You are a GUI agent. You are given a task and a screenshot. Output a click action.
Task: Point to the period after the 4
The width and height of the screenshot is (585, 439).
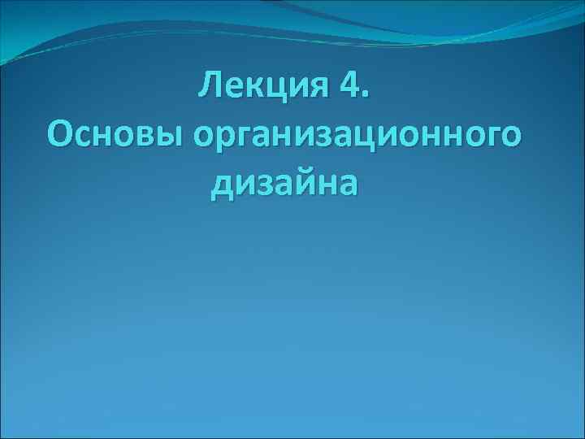[365, 96]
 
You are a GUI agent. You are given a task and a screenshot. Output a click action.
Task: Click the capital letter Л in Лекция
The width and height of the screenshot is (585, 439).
[210, 86]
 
